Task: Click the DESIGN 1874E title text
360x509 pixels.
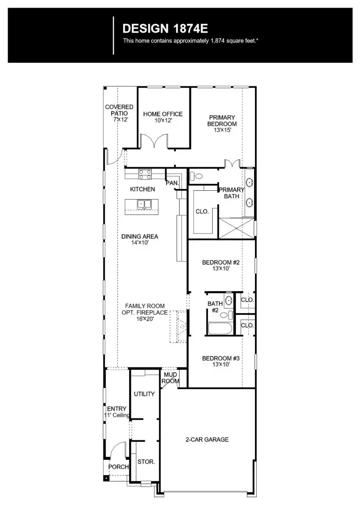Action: [x=165, y=29]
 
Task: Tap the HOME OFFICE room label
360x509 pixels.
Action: [x=163, y=114]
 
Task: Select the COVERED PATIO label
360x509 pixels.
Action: [x=119, y=110]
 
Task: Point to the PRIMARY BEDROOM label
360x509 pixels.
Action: [x=222, y=121]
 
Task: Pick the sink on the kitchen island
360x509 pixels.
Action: [x=144, y=205]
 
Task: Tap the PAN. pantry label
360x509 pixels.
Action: [x=172, y=183]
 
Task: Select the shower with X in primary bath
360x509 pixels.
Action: [x=236, y=228]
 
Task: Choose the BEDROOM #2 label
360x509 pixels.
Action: [x=221, y=263]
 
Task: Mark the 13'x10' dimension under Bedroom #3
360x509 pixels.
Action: [x=221, y=364]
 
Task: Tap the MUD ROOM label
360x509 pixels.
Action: [x=170, y=378]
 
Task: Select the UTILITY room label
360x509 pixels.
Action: [x=144, y=394]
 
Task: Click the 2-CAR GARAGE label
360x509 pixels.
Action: [x=207, y=439]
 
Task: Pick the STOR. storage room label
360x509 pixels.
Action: [x=146, y=462]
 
